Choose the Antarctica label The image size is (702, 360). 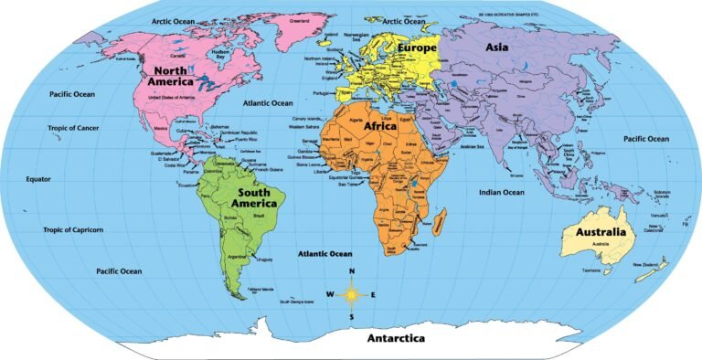396,338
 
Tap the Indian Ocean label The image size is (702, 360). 501,193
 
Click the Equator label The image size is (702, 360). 38,179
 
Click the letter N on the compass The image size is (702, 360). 351,272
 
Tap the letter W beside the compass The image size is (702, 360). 329,294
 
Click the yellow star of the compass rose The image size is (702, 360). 352,294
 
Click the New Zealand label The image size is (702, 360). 647,265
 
